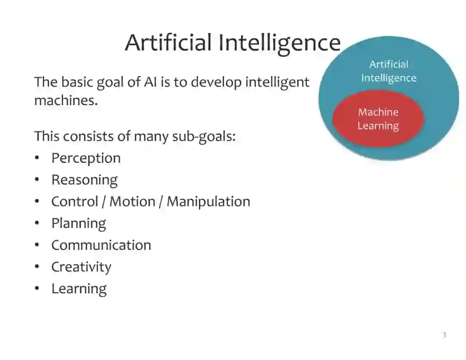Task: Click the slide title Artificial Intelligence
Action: (233, 43)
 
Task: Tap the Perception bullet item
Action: (86, 158)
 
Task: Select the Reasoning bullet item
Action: (84, 180)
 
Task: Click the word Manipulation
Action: (208, 202)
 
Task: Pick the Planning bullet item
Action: (79, 224)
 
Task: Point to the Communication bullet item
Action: (101, 245)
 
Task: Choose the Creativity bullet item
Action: (81, 267)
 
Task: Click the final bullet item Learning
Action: (79, 289)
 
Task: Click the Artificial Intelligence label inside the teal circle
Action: (388, 71)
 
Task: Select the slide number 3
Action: (444, 335)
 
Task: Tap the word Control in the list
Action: (74, 202)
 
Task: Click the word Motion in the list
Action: (130, 202)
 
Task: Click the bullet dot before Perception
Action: (38, 158)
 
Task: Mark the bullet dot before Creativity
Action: (38, 267)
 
